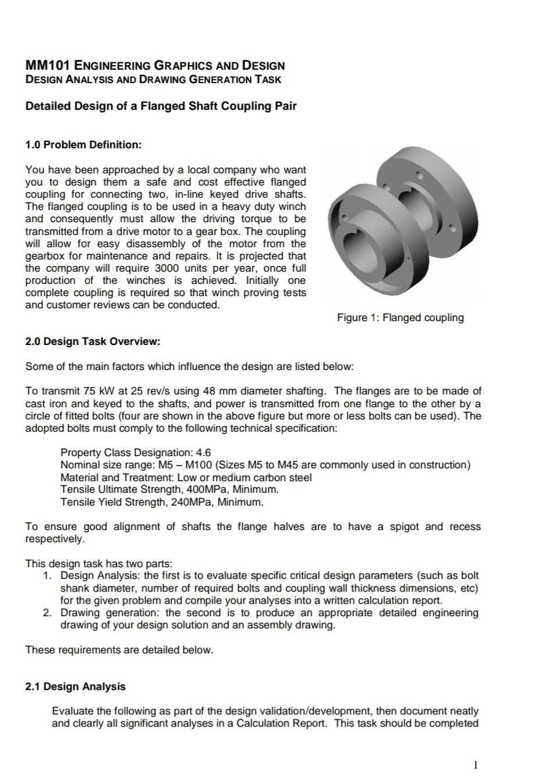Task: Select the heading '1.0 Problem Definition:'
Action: click(83, 144)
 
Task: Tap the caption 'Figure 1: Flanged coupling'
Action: click(400, 318)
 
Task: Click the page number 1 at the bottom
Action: click(476, 765)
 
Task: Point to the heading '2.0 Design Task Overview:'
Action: click(92, 342)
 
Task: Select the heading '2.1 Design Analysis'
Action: click(75, 686)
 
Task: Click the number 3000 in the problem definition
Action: click(170, 268)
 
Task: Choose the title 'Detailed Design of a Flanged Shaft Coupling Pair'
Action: click(161, 106)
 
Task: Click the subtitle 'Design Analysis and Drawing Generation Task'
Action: click(153, 79)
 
